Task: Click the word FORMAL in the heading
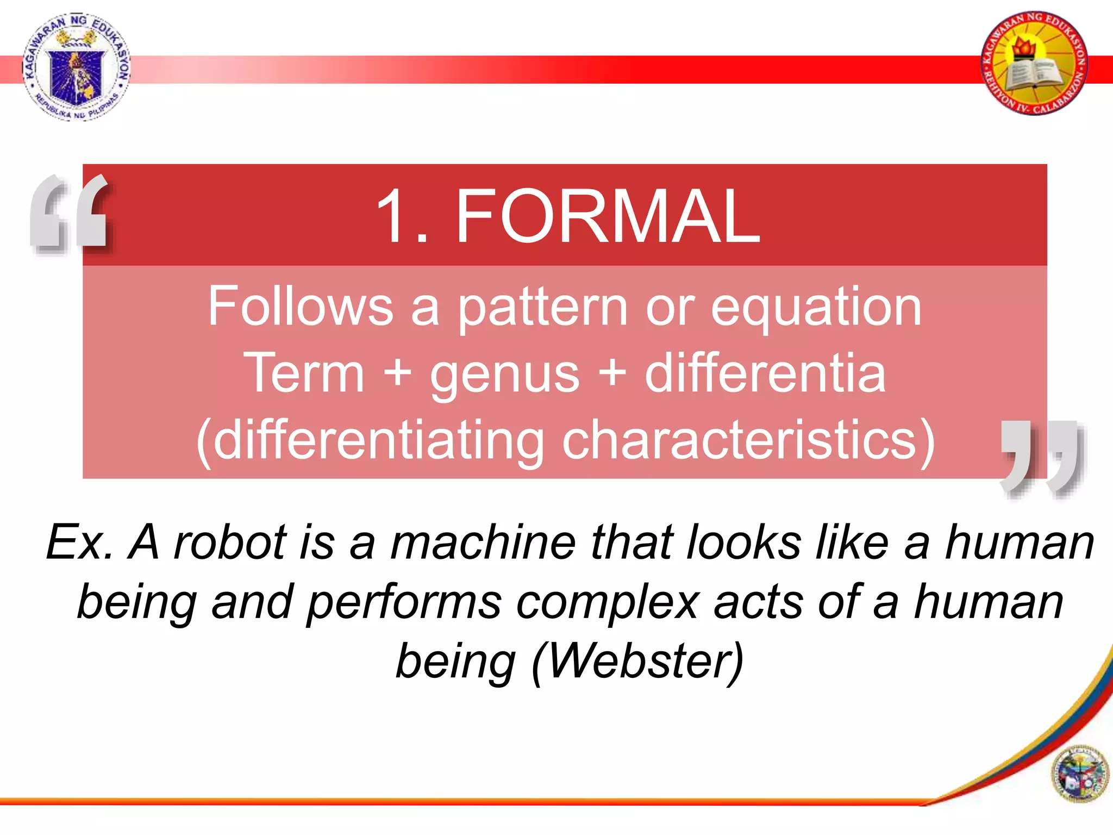(607, 216)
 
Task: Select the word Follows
(301, 307)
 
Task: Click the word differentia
(765, 373)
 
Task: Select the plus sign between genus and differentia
(612, 375)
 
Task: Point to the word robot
(230, 542)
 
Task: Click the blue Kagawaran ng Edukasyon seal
(76, 66)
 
